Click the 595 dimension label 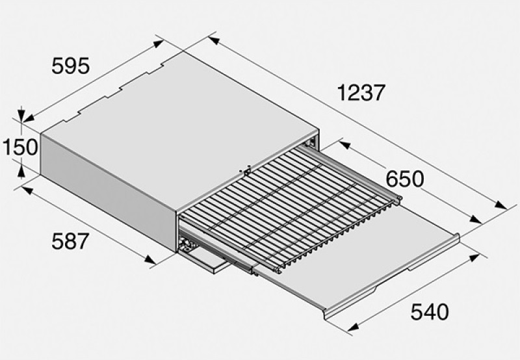[71, 66]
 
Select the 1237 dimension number [361, 92]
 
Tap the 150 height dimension [20, 147]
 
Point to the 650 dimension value [405, 179]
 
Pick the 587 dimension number [70, 241]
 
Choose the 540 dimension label [430, 312]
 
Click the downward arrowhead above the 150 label [21, 115]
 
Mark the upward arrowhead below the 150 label [21, 172]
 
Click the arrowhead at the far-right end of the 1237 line [500, 205]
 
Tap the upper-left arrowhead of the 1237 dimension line [214, 40]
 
